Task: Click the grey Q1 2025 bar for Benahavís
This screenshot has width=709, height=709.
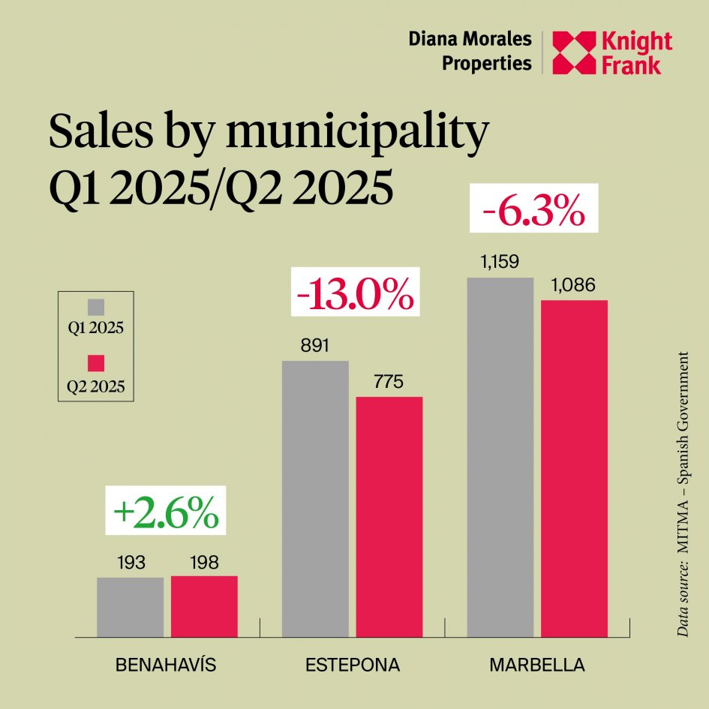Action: (130, 607)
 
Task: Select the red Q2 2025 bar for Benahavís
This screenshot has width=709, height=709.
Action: (204, 606)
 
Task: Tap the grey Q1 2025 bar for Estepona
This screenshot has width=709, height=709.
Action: (315, 499)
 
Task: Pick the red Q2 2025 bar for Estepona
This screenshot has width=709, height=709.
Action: (389, 517)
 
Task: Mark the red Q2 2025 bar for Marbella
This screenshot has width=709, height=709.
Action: (574, 469)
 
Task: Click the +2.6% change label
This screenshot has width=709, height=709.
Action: (166, 513)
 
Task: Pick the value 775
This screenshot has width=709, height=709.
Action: (389, 381)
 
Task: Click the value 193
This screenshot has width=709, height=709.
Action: (130, 562)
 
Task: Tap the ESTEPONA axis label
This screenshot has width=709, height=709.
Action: (353, 665)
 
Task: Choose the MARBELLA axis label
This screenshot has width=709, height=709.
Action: (536, 665)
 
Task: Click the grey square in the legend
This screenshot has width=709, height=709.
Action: (95, 307)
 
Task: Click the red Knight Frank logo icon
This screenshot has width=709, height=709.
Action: (572, 53)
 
